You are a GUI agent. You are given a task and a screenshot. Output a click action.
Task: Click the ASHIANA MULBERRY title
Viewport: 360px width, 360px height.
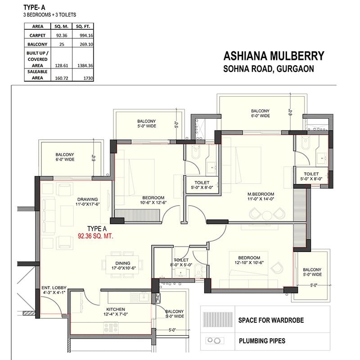click(274, 56)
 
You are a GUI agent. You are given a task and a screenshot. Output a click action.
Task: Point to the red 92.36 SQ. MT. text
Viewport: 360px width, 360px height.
click(94, 235)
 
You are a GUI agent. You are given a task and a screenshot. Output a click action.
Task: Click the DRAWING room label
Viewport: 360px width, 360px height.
click(87, 200)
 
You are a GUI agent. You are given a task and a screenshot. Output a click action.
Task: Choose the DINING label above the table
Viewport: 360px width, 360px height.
click(123, 264)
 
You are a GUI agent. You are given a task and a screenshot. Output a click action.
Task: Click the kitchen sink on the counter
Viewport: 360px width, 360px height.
click(144, 297)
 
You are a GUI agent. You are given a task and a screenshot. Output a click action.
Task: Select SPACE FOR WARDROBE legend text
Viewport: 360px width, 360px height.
click(271, 321)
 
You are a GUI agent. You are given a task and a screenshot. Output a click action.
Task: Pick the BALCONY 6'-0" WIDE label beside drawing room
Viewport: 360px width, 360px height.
click(65, 157)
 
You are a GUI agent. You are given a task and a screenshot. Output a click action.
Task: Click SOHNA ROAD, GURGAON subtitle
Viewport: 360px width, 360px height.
click(269, 69)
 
